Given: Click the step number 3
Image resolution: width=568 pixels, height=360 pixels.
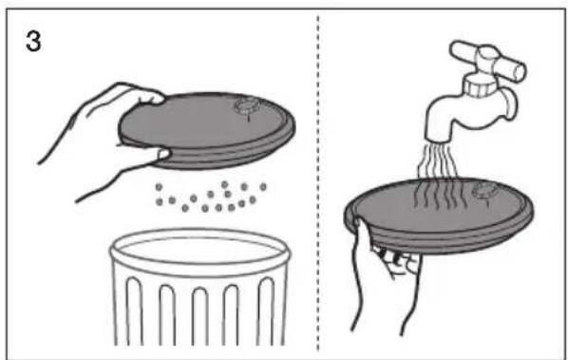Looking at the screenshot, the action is click(x=33, y=41).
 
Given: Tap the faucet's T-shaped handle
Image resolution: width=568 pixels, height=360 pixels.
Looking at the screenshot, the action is click(x=487, y=60).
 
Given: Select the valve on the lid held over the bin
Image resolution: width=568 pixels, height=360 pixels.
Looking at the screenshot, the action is click(x=247, y=105).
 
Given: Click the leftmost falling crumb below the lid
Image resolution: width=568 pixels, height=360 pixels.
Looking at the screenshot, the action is click(x=159, y=187).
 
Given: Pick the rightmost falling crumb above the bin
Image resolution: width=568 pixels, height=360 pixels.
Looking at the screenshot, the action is click(x=263, y=187).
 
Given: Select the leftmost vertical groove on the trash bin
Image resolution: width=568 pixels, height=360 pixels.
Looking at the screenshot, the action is click(x=134, y=312).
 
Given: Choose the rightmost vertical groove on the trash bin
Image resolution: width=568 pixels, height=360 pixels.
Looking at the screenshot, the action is click(x=266, y=312).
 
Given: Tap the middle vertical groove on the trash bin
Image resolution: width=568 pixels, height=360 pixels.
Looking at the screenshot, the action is click(x=200, y=316).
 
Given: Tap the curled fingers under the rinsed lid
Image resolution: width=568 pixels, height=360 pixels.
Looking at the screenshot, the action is click(x=399, y=261).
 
